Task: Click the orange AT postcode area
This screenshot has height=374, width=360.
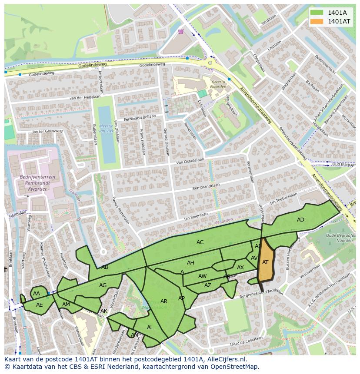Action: pos(265,262)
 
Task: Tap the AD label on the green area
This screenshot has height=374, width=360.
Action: pos(300,220)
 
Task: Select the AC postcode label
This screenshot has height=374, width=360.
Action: pos(200,242)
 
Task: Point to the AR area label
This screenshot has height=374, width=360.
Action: pos(164,301)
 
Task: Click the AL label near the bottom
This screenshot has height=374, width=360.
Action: pos(150,328)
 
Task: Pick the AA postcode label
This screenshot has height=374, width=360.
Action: pos(37,294)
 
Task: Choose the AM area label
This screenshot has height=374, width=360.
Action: pos(66,304)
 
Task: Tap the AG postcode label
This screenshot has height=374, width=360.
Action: pos(103,285)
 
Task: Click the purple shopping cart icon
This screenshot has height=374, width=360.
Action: pos(180,31)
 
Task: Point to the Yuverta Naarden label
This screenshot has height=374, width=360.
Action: pos(218,84)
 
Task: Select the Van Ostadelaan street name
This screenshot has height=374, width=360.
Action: pos(190,161)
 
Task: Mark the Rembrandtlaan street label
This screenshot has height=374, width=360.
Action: pos(206,185)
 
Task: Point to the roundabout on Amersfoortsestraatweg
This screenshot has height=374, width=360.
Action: pos(210,63)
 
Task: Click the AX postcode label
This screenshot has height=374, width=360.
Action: pos(240,268)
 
